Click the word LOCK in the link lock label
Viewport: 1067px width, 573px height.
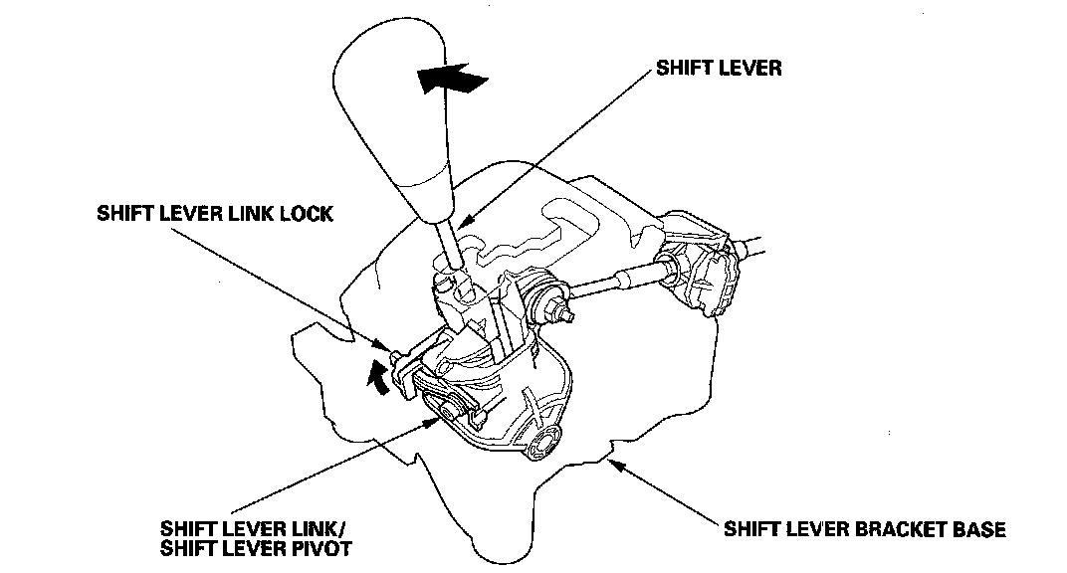coord(301,214)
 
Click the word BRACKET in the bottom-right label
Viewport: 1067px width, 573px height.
coord(894,528)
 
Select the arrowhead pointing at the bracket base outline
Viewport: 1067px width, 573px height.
coord(618,462)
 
